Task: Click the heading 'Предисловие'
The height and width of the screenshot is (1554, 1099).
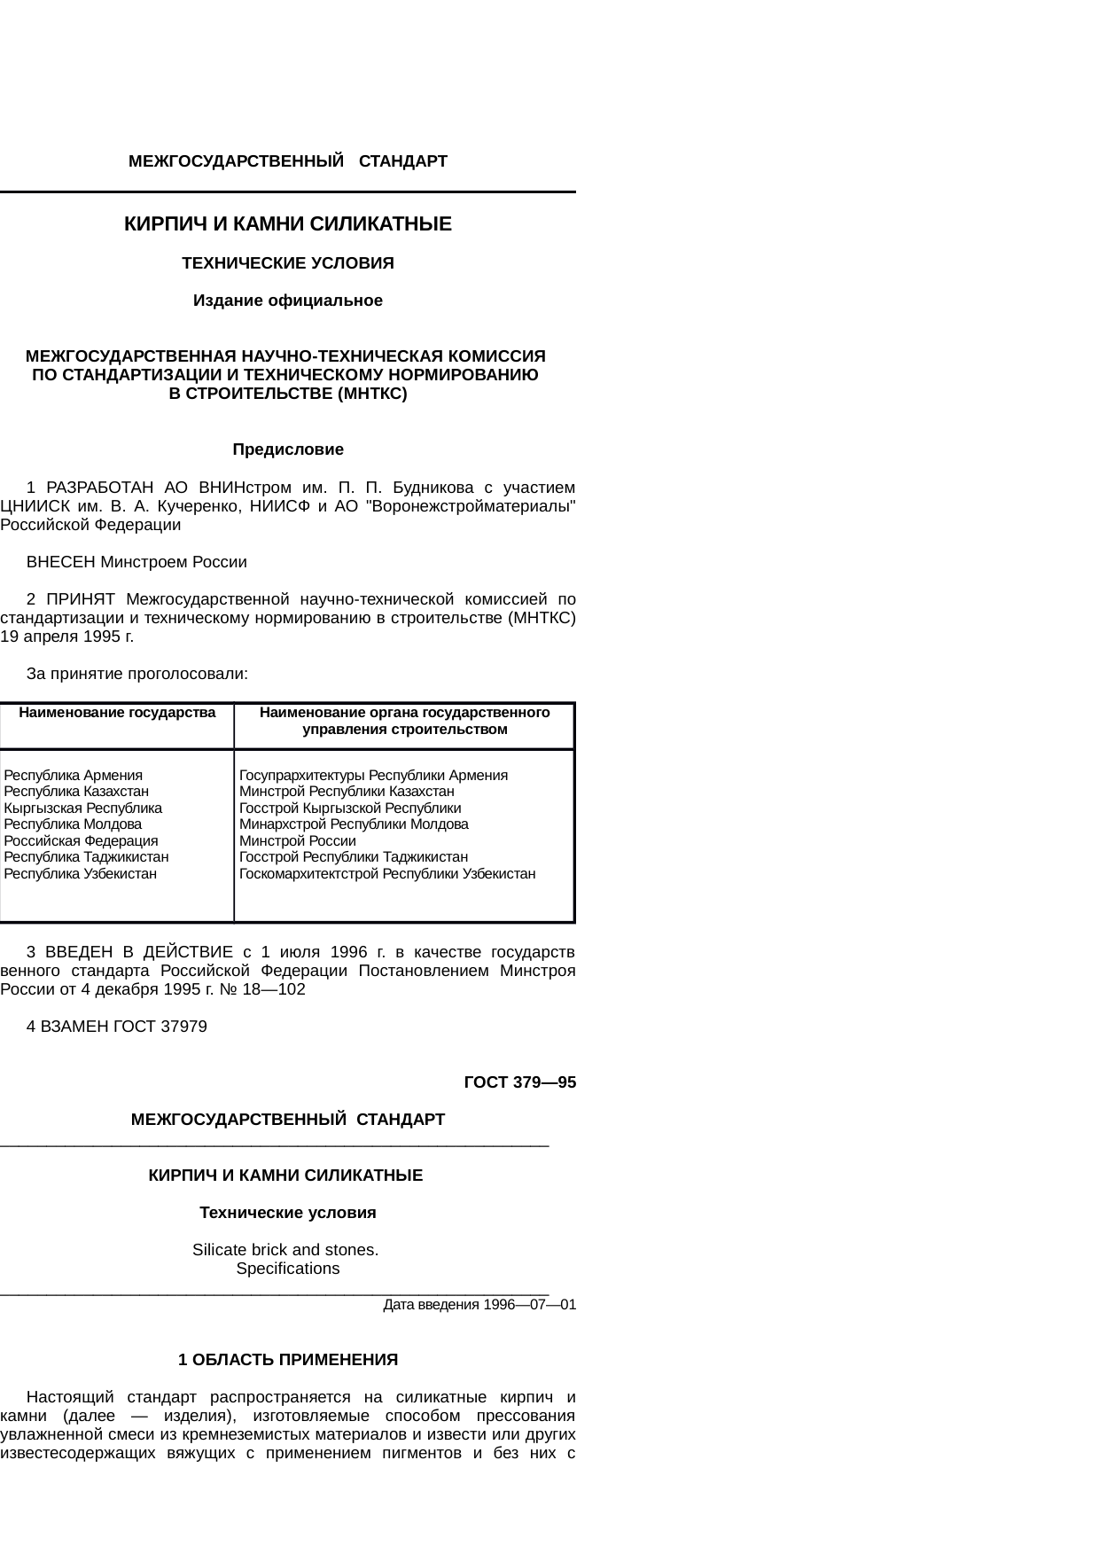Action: coord(288,449)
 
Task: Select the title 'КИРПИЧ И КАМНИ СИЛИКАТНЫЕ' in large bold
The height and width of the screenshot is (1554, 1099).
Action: coord(288,224)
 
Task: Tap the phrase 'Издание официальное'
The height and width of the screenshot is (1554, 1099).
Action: coord(288,301)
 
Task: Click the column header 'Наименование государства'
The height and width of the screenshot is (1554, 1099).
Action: coord(117,713)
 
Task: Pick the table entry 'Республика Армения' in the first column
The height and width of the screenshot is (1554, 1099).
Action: coord(74,775)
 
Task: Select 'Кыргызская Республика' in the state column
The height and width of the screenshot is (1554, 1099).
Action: coord(83,808)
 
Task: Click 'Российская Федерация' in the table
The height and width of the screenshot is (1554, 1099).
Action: coord(82,840)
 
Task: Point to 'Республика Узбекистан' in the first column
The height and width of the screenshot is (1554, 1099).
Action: coord(81,873)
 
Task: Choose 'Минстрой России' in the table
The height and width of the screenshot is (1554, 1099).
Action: coord(298,840)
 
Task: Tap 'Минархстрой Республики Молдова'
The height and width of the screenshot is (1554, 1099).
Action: coord(354,824)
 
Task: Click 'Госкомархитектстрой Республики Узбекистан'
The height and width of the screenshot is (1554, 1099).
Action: coord(387,873)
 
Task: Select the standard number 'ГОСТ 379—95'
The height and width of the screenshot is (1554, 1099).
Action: coord(520,1082)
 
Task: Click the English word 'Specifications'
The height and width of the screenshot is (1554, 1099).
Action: coord(288,1269)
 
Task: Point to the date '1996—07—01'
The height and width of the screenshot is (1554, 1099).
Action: coord(530,1305)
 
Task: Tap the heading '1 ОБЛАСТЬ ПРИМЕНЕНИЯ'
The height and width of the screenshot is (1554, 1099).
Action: coord(288,1360)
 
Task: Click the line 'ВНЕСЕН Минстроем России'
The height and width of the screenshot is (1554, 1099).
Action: coord(137,562)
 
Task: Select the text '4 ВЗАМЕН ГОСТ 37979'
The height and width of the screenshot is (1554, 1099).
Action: coord(117,1027)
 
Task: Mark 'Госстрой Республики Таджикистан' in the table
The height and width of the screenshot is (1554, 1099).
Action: coord(354,856)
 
